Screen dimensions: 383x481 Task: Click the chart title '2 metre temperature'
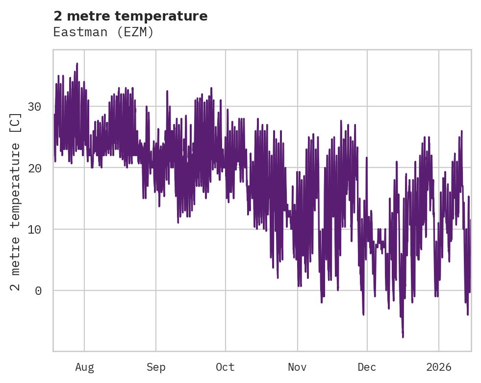coord(130,16)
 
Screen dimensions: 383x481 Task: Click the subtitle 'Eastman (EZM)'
coord(103,32)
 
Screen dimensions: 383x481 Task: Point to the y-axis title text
coord(16,201)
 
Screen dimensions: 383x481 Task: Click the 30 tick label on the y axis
coord(34,107)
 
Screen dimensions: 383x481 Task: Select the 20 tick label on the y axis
coord(34,168)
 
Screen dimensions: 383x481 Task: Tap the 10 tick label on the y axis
coord(34,229)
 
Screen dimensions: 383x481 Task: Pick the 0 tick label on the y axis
coord(38,291)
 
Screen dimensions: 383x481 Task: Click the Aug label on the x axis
coord(84,367)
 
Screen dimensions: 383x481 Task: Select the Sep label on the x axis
coord(156,367)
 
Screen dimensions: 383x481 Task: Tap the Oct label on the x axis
coord(226,367)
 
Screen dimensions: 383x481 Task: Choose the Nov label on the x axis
coord(297,367)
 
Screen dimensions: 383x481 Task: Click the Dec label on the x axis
coord(367,367)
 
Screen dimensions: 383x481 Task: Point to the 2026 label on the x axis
coord(438,367)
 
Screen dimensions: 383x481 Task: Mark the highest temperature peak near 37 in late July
coord(77,64)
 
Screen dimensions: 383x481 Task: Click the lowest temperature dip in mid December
coord(403,336)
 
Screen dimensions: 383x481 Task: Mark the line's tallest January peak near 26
coord(462,131)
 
